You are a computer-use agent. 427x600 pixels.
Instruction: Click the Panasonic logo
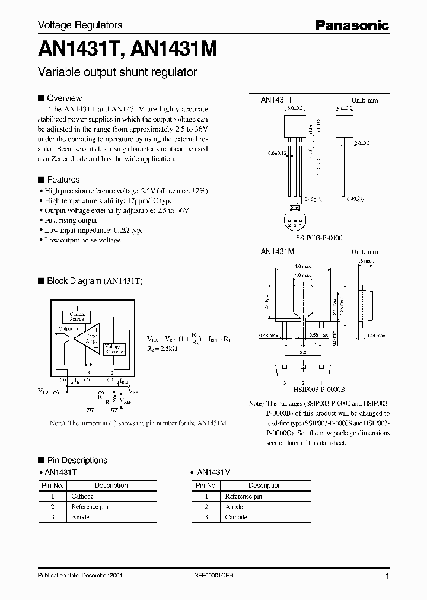(352, 25)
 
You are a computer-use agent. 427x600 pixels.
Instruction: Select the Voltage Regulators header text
(80, 25)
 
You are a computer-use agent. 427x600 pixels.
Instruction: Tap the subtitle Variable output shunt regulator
(117, 72)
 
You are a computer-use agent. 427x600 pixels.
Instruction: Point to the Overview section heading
(64, 98)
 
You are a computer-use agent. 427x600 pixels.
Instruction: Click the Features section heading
(63, 180)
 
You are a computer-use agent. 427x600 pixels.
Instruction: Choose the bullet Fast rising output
(71, 220)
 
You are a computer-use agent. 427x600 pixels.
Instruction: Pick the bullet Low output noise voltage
(82, 240)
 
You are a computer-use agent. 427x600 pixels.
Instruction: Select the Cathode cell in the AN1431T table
(82, 496)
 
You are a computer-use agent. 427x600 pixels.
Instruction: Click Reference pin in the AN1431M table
(243, 496)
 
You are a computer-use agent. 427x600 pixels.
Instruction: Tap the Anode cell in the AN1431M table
(234, 507)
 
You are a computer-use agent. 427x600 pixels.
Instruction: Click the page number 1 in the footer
(387, 576)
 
